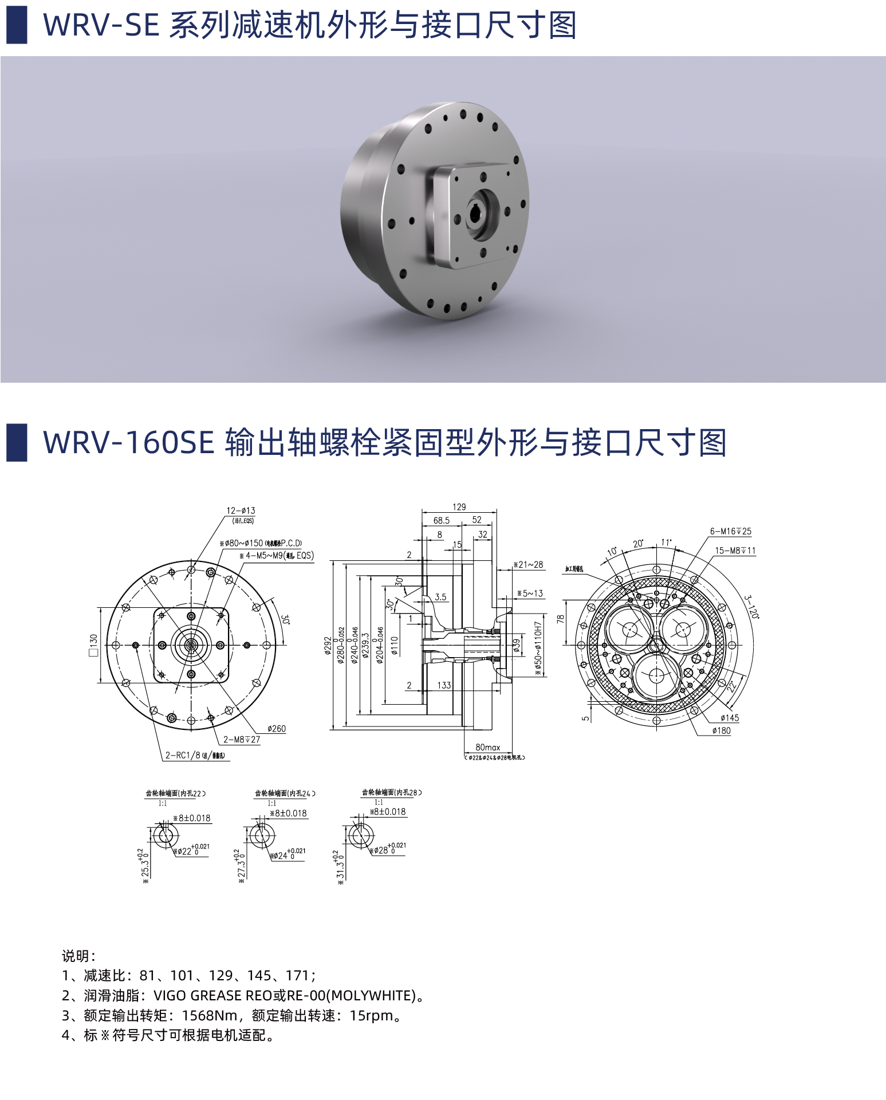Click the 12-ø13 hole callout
pos(241,510)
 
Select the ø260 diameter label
pos(276,729)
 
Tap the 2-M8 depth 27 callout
pos(241,740)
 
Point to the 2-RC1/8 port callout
pos(195,755)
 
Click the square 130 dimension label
pos(93,645)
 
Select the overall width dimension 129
pos(459,507)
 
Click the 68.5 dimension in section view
pos(441,521)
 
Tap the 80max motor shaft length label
pos(487,747)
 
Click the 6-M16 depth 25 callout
pos(730,531)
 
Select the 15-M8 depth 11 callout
pos(735,551)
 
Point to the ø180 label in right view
pos(721,730)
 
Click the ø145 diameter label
pos(729,718)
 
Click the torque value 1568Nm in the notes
pos(209,1016)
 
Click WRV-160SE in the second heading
pos(128,443)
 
